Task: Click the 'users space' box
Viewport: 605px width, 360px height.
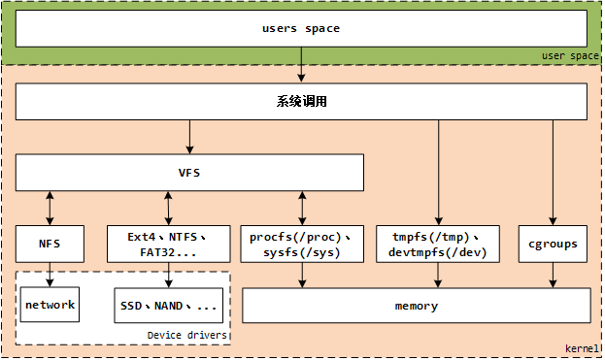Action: pos(301,28)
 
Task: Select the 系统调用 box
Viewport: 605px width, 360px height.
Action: pos(301,101)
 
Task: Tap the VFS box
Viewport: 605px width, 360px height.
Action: pos(189,173)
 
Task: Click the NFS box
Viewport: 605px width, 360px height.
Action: pos(50,244)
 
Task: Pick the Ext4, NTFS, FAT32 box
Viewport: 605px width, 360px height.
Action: pos(168,244)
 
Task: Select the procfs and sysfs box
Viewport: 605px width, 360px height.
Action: pos(301,244)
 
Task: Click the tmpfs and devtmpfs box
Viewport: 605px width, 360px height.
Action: pos(438,244)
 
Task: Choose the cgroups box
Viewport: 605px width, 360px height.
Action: pos(554,244)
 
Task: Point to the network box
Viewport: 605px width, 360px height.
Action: pos(50,305)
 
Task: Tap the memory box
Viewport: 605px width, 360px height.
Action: pos(416,306)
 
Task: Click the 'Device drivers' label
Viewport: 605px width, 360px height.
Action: pos(186,335)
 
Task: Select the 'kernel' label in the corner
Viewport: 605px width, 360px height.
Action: pos(582,347)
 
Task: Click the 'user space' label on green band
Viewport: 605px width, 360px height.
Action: pos(570,56)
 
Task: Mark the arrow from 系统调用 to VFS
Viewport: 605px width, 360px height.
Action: pos(189,137)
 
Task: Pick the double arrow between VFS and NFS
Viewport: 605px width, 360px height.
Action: pos(50,208)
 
